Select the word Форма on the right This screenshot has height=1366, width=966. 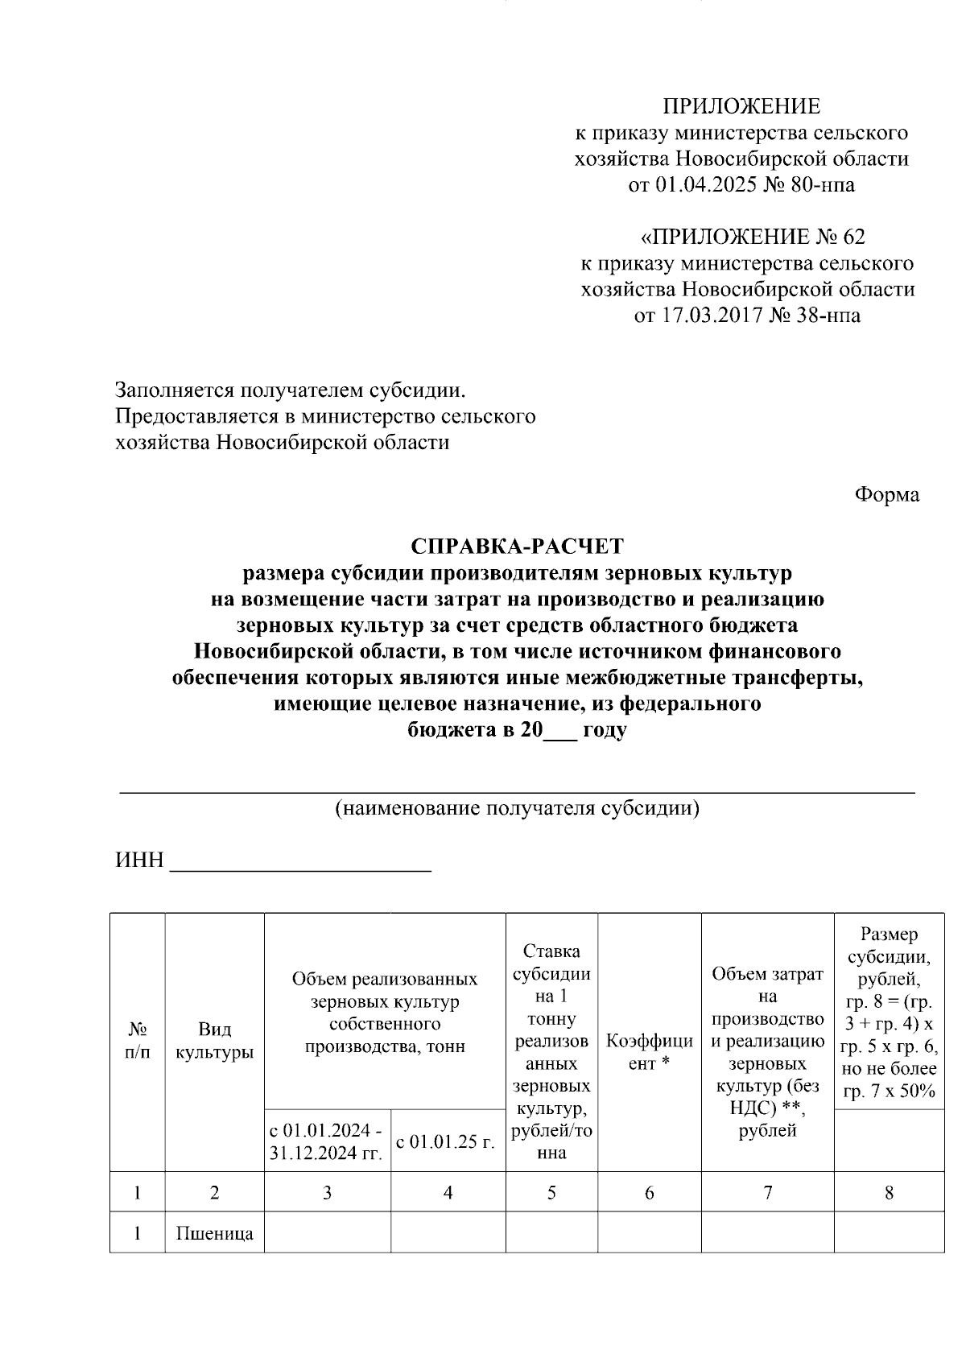[886, 494]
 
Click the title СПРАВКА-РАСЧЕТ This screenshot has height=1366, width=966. [517, 547]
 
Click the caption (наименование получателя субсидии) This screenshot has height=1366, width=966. [517, 808]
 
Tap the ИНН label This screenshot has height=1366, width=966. [139, 860]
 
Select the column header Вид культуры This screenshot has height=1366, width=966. [214, 1041]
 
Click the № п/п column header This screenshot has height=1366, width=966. [138, 1041]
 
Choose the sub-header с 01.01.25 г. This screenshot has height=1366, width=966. [448, 1141]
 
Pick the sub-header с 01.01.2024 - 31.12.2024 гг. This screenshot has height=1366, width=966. [327, 1141]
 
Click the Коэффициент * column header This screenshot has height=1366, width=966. [649, 1052]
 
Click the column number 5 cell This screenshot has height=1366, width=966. [551, 1192]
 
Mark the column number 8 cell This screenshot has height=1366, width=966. [889, 1192]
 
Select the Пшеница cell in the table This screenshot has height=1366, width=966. [214, 1233]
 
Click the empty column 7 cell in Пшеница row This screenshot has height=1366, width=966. [767, 1233]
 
